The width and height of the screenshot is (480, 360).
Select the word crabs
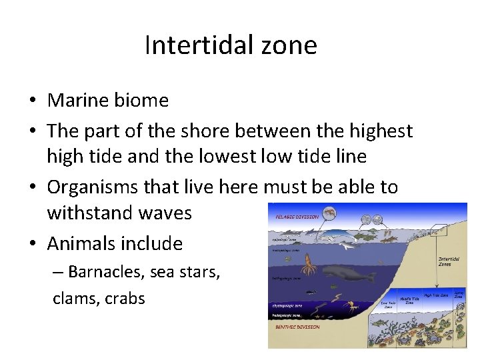click(x=123, y=298)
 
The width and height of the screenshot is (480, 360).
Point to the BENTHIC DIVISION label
click(x=297, y=327)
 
